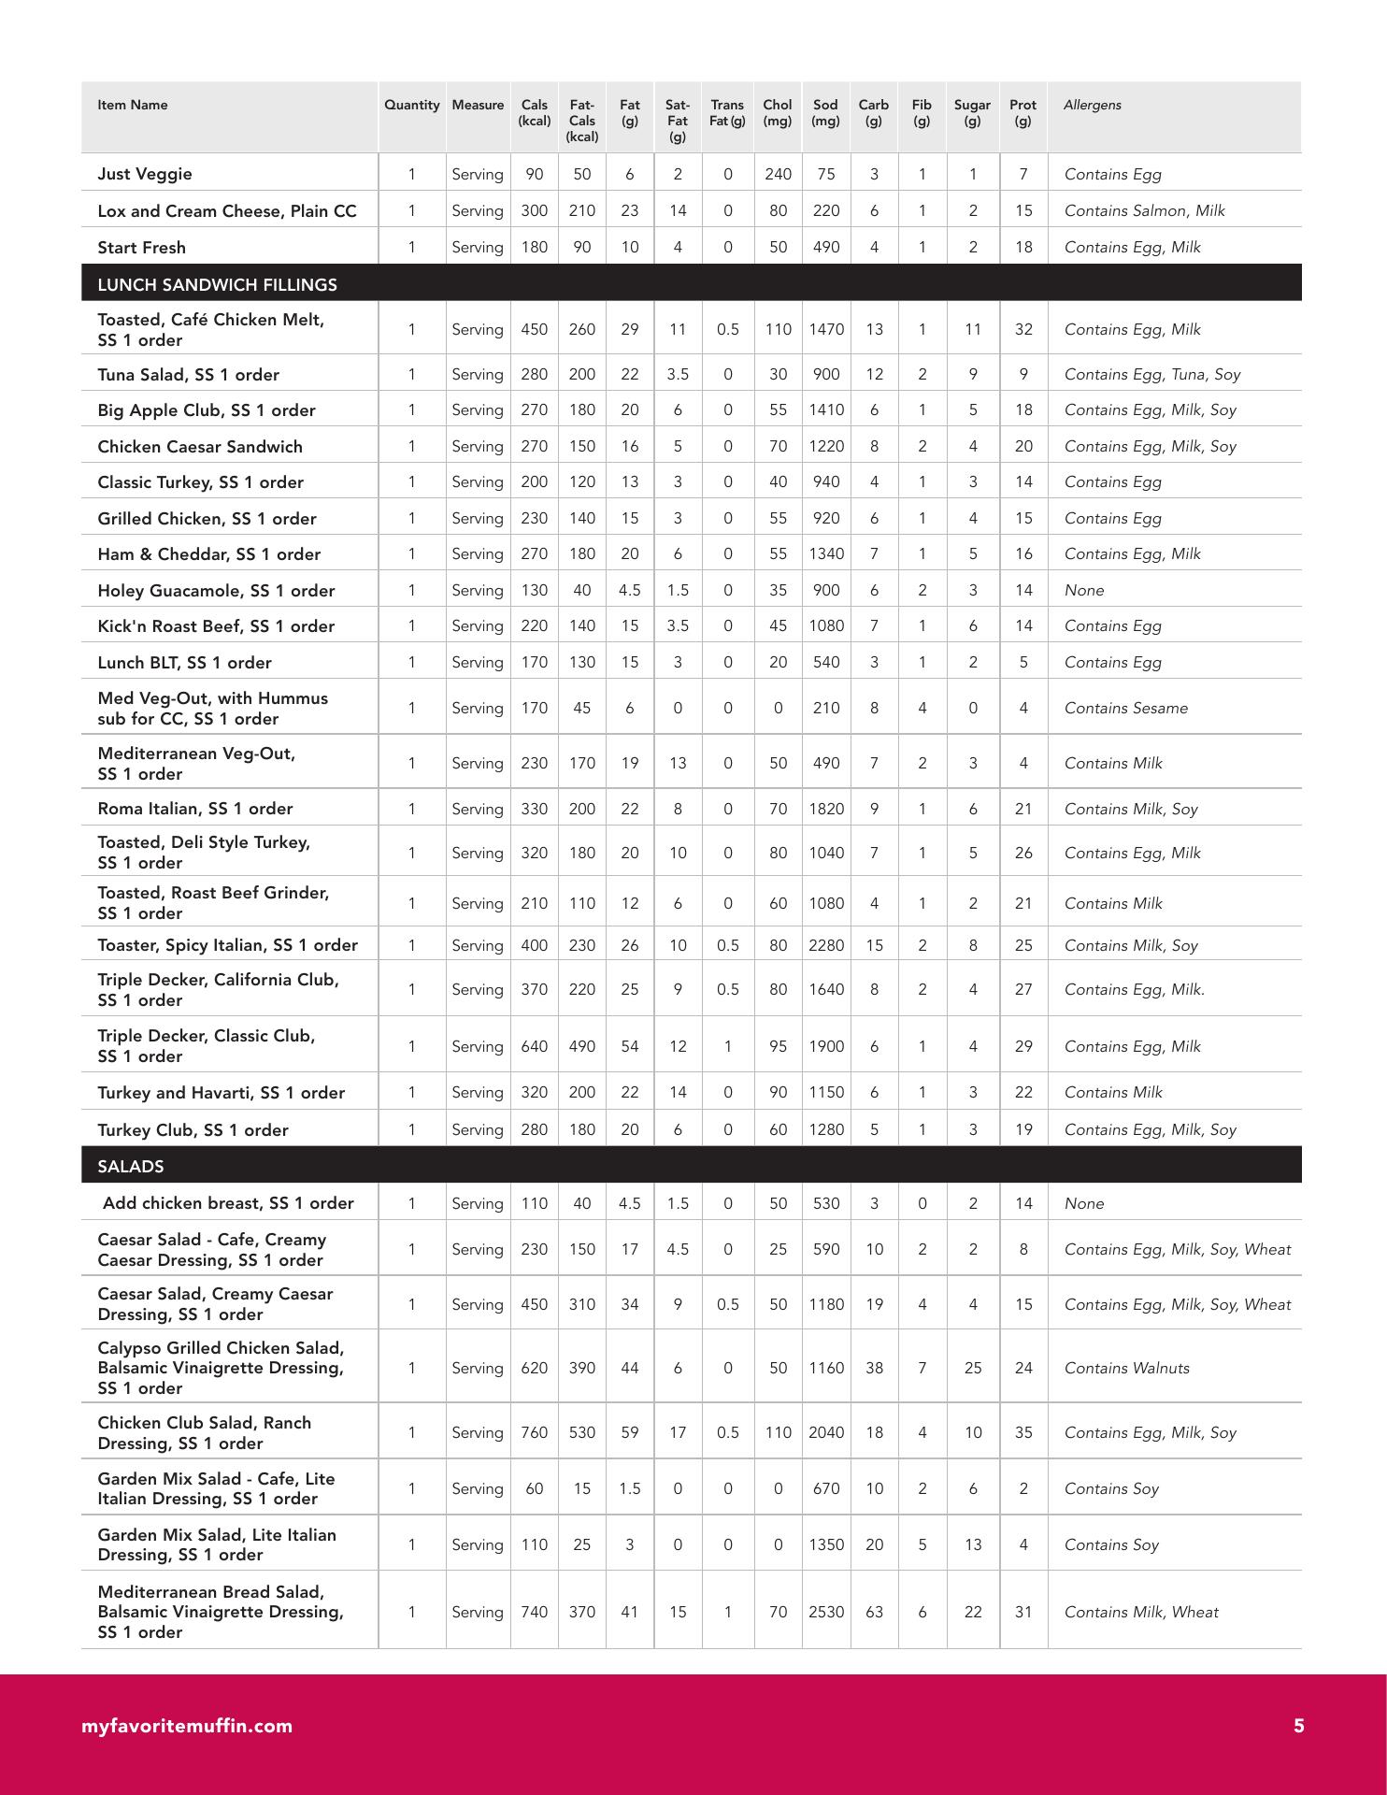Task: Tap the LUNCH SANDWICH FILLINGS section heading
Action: [217, 284]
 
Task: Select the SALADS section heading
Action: [131, 1166]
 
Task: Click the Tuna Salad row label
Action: [188, 374]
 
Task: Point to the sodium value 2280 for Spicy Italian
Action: [825, 945]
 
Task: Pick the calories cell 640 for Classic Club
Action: [534, 1046]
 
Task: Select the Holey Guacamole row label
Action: [216, 590]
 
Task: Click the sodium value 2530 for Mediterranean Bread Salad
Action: [825, 1612]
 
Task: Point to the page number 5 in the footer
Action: [1298, 1726]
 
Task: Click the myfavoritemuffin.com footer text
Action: [187, 1726]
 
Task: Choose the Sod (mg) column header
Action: [825, 112]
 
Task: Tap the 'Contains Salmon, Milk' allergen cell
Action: [1144, 210]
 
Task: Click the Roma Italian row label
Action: [194, 808]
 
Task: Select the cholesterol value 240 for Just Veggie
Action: [778, 174]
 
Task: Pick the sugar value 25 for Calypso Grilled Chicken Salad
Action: [972, 1368]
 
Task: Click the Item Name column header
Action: [133, 105]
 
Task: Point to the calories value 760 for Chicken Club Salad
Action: [534, 1432]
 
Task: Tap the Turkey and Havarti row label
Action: [221, 1092]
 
